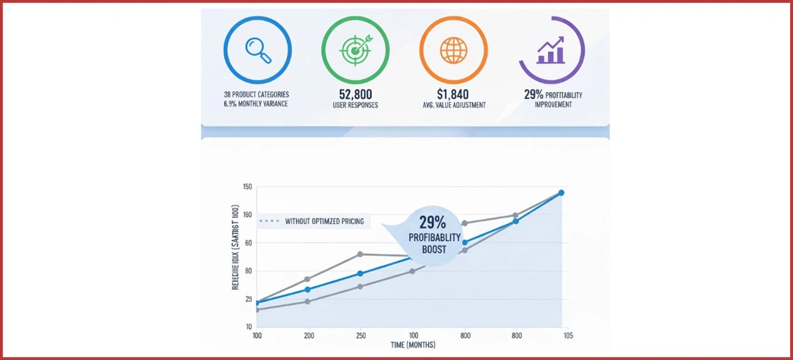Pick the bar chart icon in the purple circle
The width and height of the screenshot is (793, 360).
550,51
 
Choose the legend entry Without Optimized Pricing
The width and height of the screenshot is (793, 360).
323,222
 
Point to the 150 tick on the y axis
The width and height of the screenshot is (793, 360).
248,187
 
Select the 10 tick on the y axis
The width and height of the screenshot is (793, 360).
248,327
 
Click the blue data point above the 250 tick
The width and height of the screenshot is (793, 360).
360,273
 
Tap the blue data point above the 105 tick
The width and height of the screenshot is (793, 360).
562,193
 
